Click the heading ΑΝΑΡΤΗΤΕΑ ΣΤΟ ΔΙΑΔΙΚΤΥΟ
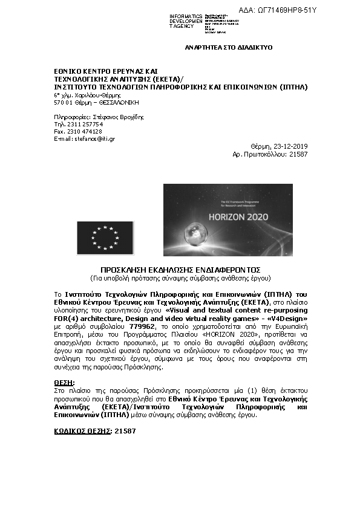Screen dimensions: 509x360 click(x=229, y=47)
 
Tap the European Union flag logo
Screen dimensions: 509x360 click(x=105, y=237)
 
